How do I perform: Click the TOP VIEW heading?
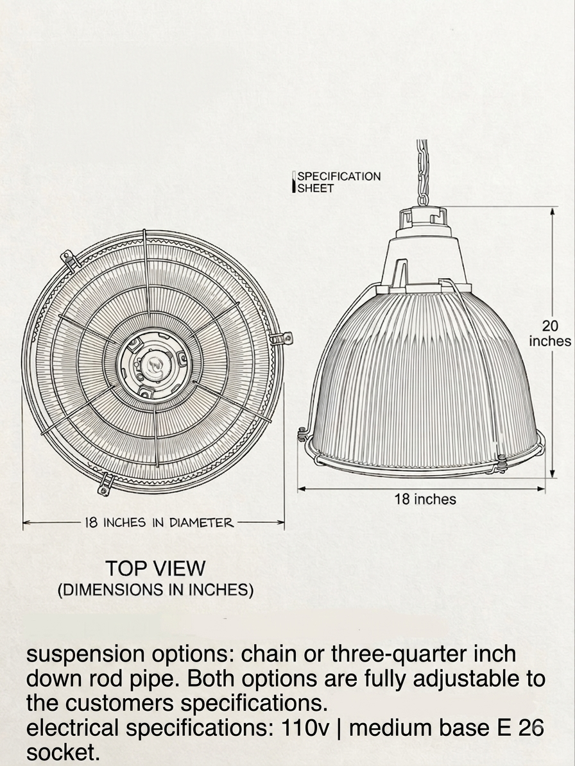(155, 568)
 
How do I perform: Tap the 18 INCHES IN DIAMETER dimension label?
(159, 522)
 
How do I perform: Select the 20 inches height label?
(549, 333)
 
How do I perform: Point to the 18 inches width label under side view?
(425, 499)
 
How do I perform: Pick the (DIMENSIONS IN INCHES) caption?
(155, 590)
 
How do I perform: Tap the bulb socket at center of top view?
(153, 365)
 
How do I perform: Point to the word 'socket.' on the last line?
(63, 753)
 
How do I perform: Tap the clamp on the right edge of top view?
(282, 338)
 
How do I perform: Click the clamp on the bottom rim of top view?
(105, 485)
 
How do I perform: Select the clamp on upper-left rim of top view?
(71, 260)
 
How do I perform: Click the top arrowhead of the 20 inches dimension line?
(553, 210)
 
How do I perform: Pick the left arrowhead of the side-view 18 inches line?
(302, 488)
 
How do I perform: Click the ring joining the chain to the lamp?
(423, 199)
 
